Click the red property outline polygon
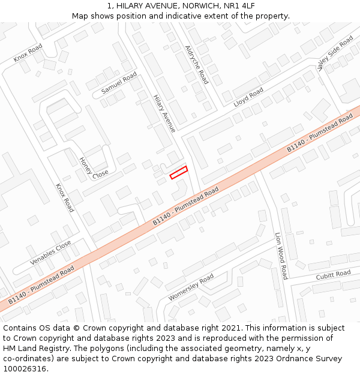(179, 172)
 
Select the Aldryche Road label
(196, 64)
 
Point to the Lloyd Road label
(248, 97)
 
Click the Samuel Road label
(119, 83)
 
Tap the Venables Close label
(51, 253)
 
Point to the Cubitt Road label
(333, 275)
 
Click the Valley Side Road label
(335, 53)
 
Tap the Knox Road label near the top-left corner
(28, 53)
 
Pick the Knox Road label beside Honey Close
(65, 197)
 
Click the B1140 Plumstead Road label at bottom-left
(41, 284)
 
